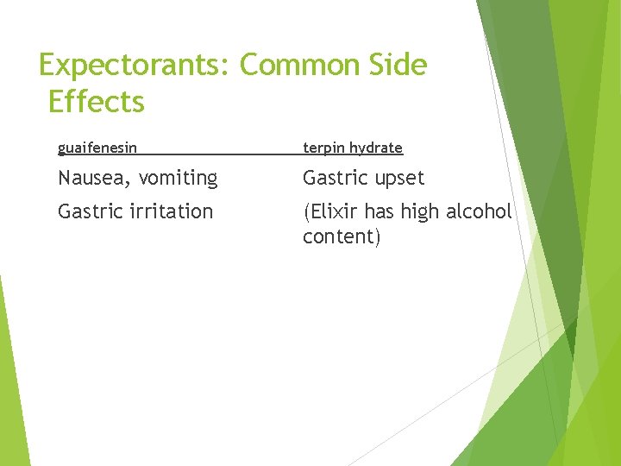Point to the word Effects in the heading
tap(97, 102)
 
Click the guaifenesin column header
tap(97, 148)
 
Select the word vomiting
tap(178, 179)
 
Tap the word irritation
tap(171, 211)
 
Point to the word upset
tap(399, 179)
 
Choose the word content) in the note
tap(342, 237)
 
